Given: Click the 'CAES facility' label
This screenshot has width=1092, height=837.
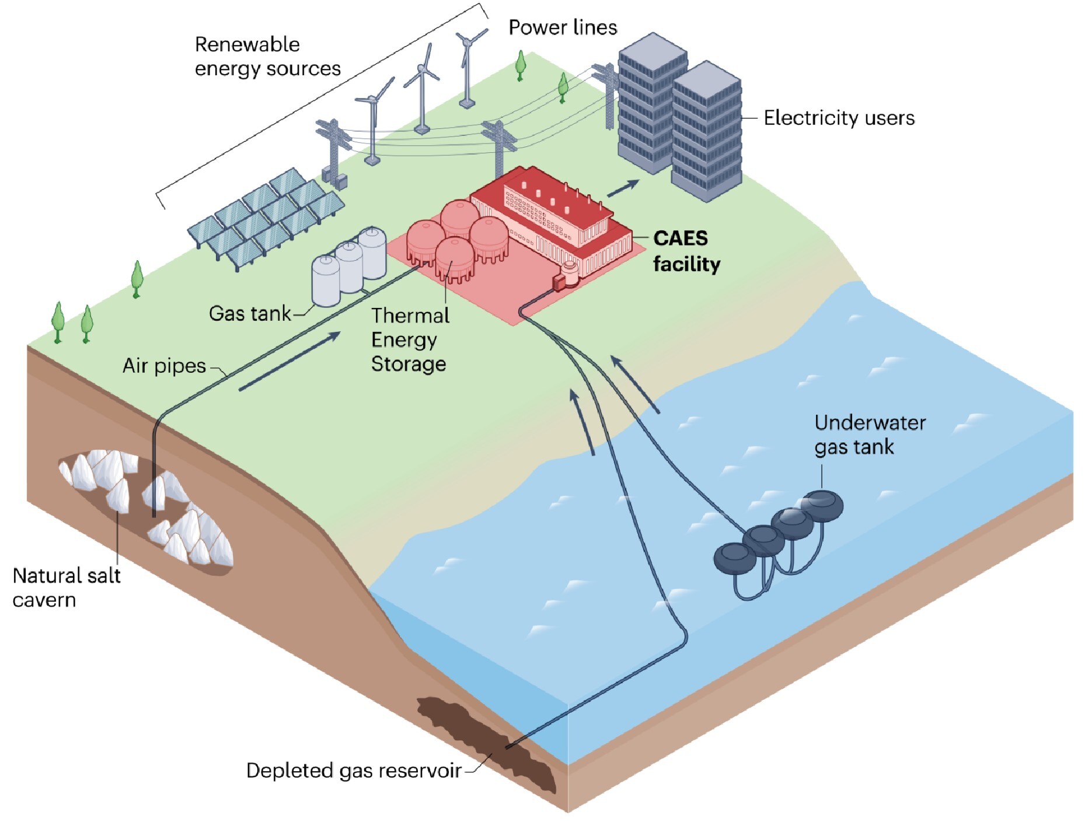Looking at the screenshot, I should click(686, 251).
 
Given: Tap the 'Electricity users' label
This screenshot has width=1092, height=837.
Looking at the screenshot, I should click(839, 118).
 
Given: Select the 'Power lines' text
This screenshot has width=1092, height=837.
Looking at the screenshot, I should click(563, 27).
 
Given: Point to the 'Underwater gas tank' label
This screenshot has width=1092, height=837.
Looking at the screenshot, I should click(870, 435).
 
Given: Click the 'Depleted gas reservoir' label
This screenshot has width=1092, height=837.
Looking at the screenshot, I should click(354, 771).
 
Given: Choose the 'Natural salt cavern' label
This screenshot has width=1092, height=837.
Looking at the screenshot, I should click(66, 587).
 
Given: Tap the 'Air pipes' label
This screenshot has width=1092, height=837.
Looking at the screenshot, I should click(164, 366).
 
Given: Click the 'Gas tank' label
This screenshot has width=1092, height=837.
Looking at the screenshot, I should click(249, 314).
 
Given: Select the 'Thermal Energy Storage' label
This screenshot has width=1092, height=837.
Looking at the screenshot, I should click(410, 339).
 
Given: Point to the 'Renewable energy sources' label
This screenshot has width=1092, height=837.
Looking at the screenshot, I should click(267, 57).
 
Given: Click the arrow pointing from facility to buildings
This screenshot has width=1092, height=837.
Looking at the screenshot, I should click(623, 188).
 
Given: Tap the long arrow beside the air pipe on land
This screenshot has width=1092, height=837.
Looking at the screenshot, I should click(289, 361).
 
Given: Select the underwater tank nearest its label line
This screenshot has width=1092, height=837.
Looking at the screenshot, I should click(822, 505).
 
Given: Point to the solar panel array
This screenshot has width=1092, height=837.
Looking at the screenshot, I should click(266, 219).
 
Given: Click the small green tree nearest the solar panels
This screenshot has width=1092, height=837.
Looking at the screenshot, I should click(137, 279).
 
